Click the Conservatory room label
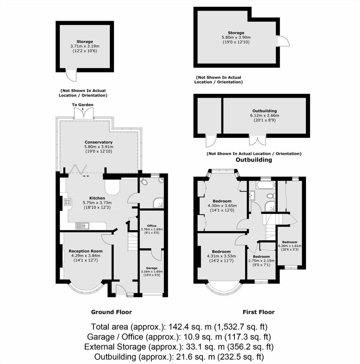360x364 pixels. [98, 142]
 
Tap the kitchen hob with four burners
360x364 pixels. [68, 202]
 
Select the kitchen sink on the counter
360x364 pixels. [82, 226]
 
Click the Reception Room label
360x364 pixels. [86, 251]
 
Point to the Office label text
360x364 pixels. [152, 226]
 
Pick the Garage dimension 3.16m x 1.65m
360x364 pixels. [152, 271]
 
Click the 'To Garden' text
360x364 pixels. [83, 105]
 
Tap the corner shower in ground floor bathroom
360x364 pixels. [158, 203]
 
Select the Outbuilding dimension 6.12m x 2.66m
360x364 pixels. [265, 115]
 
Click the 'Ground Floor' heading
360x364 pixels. [111, 312]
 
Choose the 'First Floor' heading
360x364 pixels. [259, 312]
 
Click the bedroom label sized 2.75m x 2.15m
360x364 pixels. [261, 256]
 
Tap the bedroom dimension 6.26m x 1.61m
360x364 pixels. [290, 246]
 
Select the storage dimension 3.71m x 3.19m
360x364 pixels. [85, 46]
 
